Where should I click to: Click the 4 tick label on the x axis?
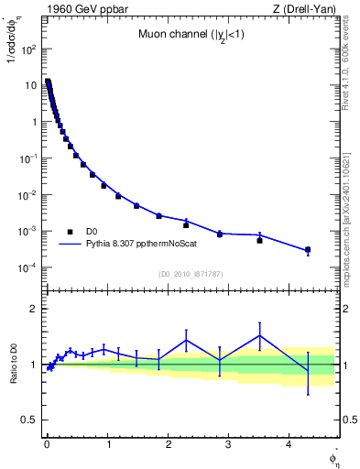pyautogui.click(x=289, y=445)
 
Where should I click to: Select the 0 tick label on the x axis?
pyautogui.click(x=47, y=445)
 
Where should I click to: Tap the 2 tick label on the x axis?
pyautogui.click(x=168, y=445)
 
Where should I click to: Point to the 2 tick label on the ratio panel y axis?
pyautogui.click(x=32, y=309)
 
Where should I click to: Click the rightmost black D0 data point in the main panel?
pyautogui.click(x=308, y=249)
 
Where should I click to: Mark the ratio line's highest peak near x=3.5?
pyautogui.click(x=260, y=335)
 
